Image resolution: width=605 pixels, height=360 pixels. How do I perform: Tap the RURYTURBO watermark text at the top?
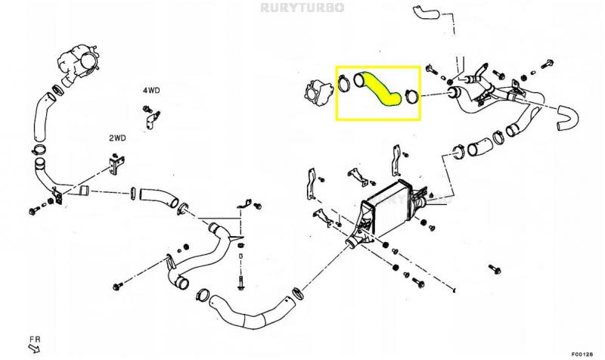click(302, 8)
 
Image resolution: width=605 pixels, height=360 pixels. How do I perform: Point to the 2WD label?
click(116, 138)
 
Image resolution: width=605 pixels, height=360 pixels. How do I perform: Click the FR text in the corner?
click(35, 339)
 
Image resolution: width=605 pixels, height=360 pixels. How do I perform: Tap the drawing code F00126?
click(582, 352)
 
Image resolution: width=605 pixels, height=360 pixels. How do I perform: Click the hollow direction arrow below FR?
click(33, 349)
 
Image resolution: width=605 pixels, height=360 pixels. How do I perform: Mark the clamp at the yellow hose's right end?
click(411, 97)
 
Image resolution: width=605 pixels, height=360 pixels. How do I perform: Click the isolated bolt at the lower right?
click(495, 269)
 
